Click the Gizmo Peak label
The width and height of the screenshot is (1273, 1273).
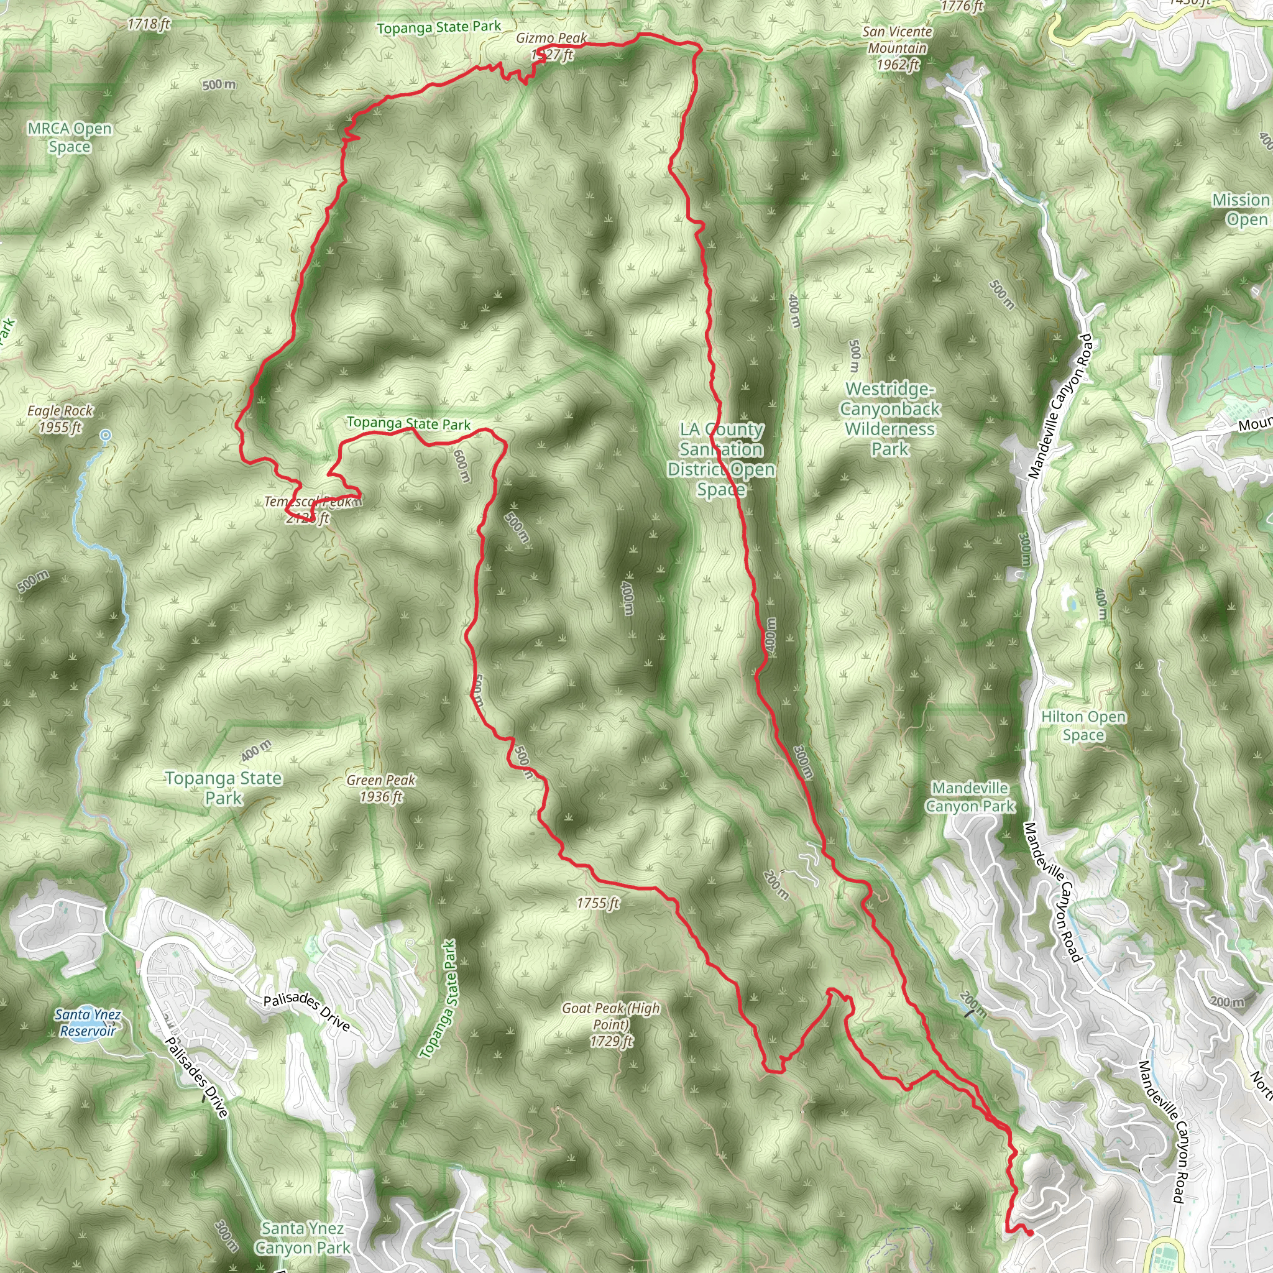pos(551,38)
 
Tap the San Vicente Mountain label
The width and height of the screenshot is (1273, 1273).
pos(897,48)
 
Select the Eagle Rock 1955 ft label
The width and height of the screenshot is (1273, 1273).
pos(60,419)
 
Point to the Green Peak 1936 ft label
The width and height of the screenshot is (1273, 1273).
pos(381,788)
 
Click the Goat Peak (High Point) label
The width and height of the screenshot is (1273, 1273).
pos(611,1024)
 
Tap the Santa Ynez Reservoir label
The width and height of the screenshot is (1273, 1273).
pos(88,1023)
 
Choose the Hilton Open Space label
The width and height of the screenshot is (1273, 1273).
pos(1083,725)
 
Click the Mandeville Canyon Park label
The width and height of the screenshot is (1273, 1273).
pos(970,797)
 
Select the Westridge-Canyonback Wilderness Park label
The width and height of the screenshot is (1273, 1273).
pos(889,419)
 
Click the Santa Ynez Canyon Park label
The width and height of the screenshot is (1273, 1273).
pos(303,1238)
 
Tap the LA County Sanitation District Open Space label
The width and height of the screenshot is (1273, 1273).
pos(721,459)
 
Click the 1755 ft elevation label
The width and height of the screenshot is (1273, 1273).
pos(597,903)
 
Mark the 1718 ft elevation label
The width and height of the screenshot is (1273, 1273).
pos(149,24)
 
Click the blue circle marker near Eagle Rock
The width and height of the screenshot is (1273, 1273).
pos(106,435)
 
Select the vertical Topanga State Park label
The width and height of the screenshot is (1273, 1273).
pos(438,1000)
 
